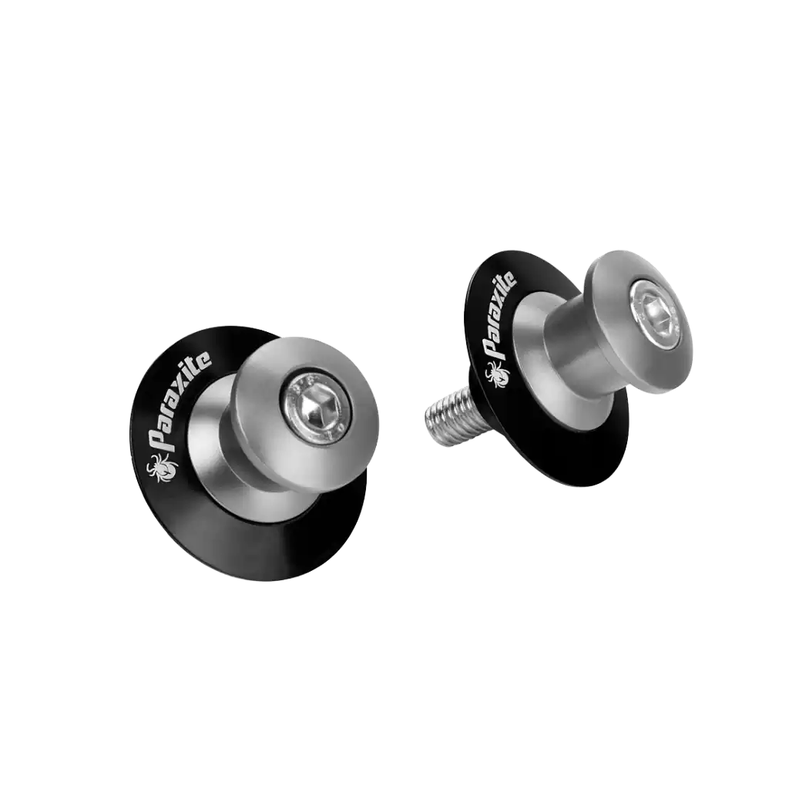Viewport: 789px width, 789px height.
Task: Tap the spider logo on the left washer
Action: [162, 468]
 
